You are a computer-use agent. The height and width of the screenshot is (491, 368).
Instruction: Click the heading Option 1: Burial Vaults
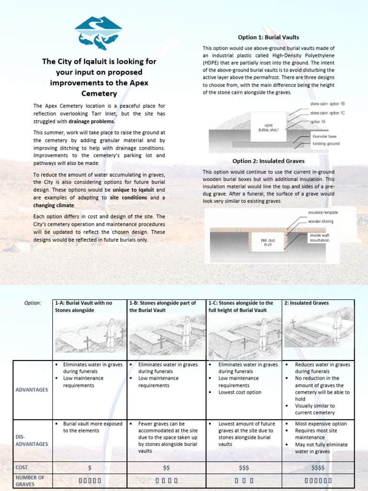[268, 37]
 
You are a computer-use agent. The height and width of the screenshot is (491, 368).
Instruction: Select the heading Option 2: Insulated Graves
[268, 161]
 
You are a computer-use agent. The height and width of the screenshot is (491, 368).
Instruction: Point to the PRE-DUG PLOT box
[267, 242]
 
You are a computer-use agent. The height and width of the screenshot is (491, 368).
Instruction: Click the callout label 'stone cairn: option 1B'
[327, 104]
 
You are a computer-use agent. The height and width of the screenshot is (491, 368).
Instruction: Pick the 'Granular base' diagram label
[324, 137]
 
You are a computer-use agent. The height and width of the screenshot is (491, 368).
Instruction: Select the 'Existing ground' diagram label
[325, 143]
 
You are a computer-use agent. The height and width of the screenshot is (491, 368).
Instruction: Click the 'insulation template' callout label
[322, 212]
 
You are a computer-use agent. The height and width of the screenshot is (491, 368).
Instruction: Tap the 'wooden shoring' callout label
[321, 221]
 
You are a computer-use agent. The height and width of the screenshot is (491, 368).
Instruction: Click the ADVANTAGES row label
[33, 390]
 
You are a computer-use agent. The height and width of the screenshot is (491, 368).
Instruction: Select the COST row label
[22, 467]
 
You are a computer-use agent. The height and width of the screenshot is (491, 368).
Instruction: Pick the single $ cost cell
[90, 468]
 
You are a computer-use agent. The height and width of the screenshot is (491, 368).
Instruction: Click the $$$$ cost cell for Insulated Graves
[318, 468]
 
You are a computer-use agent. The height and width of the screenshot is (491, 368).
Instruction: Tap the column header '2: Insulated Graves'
[307, 303]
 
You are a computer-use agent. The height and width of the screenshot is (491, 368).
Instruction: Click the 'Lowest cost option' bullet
[240, 392]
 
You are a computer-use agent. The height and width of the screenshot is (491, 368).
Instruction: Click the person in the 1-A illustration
[111, 334]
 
